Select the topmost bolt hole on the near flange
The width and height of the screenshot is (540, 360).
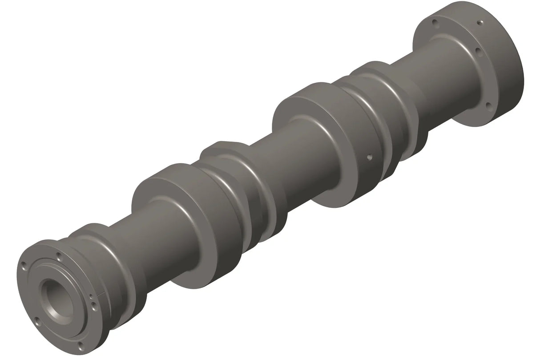[59, 256]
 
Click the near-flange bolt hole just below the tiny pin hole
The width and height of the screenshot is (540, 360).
[94, 306]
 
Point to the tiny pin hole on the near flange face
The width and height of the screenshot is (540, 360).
[91, 296]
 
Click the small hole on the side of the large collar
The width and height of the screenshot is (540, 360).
[369, 157]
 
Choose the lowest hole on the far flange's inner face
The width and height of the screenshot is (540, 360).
[488, 105]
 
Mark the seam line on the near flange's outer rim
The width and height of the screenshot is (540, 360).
[102, 294]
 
